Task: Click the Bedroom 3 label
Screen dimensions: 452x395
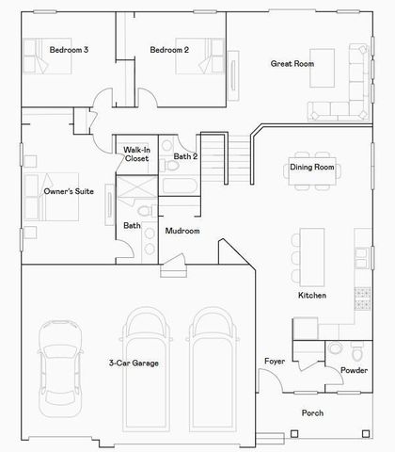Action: coord(69,49)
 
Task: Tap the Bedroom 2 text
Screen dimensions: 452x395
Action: coord(168,49)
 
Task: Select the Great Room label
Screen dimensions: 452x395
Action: coord(292,64)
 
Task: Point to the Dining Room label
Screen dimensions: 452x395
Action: coord(311,168)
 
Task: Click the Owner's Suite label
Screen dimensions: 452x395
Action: coord(65,191)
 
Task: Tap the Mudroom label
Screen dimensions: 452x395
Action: coord(182,231)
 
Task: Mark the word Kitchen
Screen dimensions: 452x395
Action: coord(311,296)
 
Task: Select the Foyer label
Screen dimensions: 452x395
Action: coord(274,362)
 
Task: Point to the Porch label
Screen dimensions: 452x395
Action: coord(312,413)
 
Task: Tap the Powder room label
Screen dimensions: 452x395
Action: coord(354,371)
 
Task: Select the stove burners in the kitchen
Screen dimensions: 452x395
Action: coord(361,299)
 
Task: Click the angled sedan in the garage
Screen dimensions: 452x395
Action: coord(59,368)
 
